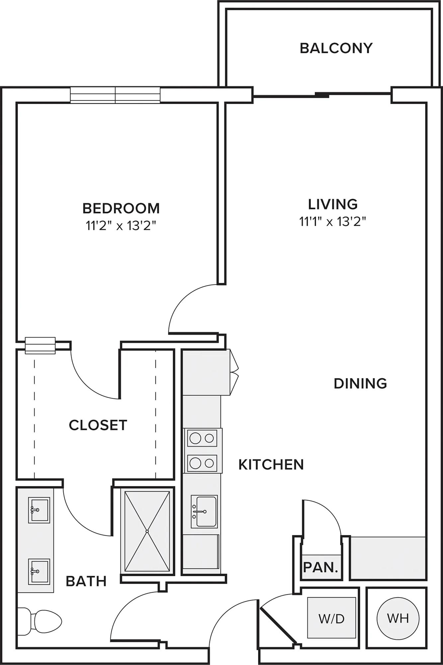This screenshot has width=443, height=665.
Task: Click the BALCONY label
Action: [x=336, y=48]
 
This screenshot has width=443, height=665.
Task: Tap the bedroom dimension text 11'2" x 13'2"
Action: [x=121, y=226]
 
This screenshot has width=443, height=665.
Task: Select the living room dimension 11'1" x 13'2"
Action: [x=333, y=221]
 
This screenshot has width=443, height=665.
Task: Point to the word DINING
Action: [x=360, y=384]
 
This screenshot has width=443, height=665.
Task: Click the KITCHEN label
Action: [x=271, y=465]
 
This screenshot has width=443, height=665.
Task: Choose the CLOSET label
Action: [x=98, y=425]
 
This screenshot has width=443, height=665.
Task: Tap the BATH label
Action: [x=86, y=581]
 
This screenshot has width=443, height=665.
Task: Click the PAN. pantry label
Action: [x=320, y=567]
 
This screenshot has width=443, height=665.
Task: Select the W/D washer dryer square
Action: [x=331, y=617]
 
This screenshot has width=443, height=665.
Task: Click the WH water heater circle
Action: [x=398, y=618]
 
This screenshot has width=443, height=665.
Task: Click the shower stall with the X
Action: [x=147, y=531]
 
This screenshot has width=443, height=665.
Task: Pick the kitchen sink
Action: [x=204, y=511]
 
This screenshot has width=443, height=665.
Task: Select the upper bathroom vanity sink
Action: [x=39, y=510]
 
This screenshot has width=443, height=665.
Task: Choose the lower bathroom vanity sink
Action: [x=39, y=571]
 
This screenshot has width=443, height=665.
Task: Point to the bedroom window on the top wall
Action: [x=115, y=95]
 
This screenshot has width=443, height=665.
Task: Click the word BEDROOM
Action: [x=121, y=208]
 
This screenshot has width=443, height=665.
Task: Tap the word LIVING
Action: [x=333, y=204]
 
